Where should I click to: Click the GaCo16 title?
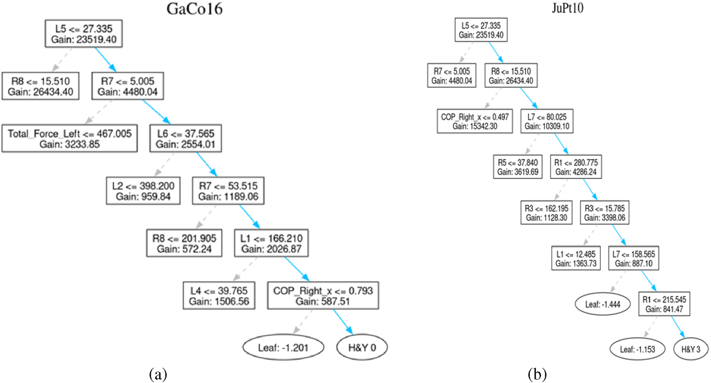click(194, 9)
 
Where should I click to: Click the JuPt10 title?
click(567, 8)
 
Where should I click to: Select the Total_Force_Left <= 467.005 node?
click(69, 139)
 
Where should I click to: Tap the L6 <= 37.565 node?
click(185, 139)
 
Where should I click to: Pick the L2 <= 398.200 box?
click(143, 191)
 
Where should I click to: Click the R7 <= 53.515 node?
click(228, 191)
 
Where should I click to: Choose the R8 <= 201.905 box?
click(184, 243)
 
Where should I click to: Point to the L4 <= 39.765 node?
click(219, 296)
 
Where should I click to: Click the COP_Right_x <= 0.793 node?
click(323, 296)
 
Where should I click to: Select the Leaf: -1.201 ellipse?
click(283, 347)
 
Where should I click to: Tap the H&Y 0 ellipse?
click(362, 347)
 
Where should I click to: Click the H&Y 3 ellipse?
click(691, 349)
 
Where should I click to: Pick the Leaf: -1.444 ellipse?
click(603, 304)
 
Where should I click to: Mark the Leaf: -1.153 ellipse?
click(637, 349)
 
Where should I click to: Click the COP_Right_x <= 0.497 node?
click(475, 121)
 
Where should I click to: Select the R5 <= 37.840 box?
click(518, 167)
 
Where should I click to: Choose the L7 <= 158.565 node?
click(634, 258)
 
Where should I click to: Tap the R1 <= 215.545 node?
click(664, 304)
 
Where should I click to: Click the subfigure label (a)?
click(158, 375)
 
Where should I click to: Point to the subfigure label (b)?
click(537, 375)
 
